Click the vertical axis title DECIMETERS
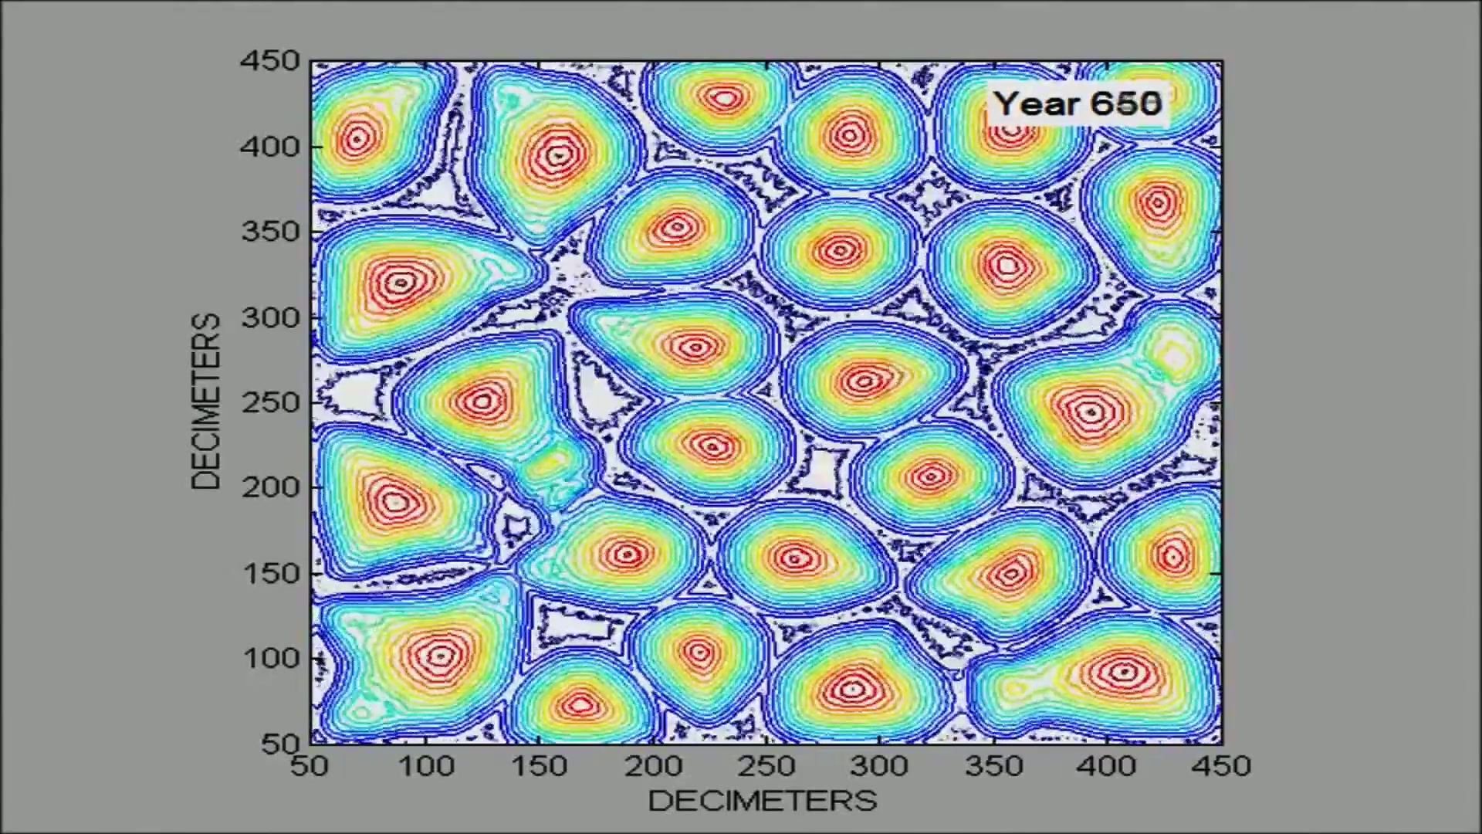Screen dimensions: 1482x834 [x=206, y=402]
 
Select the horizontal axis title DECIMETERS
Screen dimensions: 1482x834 [x=763, y=801]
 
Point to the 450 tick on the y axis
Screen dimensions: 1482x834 [x=270, y=61]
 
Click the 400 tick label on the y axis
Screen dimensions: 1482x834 [x=270, y=147]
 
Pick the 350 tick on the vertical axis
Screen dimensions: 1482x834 [x=270, y=232]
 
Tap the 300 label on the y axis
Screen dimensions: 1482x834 [x=270, y=317]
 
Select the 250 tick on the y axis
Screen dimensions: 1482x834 [x=270, y=402]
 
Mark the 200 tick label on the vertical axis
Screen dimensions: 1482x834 [x=270, y=487]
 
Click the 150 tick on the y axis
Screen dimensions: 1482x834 [x=270, y=574]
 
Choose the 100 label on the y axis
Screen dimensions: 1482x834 [x=270, y=659]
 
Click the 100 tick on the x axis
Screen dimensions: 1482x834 [x=425, y=766]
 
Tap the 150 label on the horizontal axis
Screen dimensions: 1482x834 [x=539, y=766]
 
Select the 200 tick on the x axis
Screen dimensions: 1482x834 [x=653, y=766]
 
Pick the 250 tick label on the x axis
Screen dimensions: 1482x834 [x=766, y=766]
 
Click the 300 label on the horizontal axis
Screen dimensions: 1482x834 [x=879, y=766]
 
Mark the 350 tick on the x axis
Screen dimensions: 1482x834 [x=993, y=766]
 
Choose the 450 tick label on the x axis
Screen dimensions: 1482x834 [x=1220, y=766]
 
